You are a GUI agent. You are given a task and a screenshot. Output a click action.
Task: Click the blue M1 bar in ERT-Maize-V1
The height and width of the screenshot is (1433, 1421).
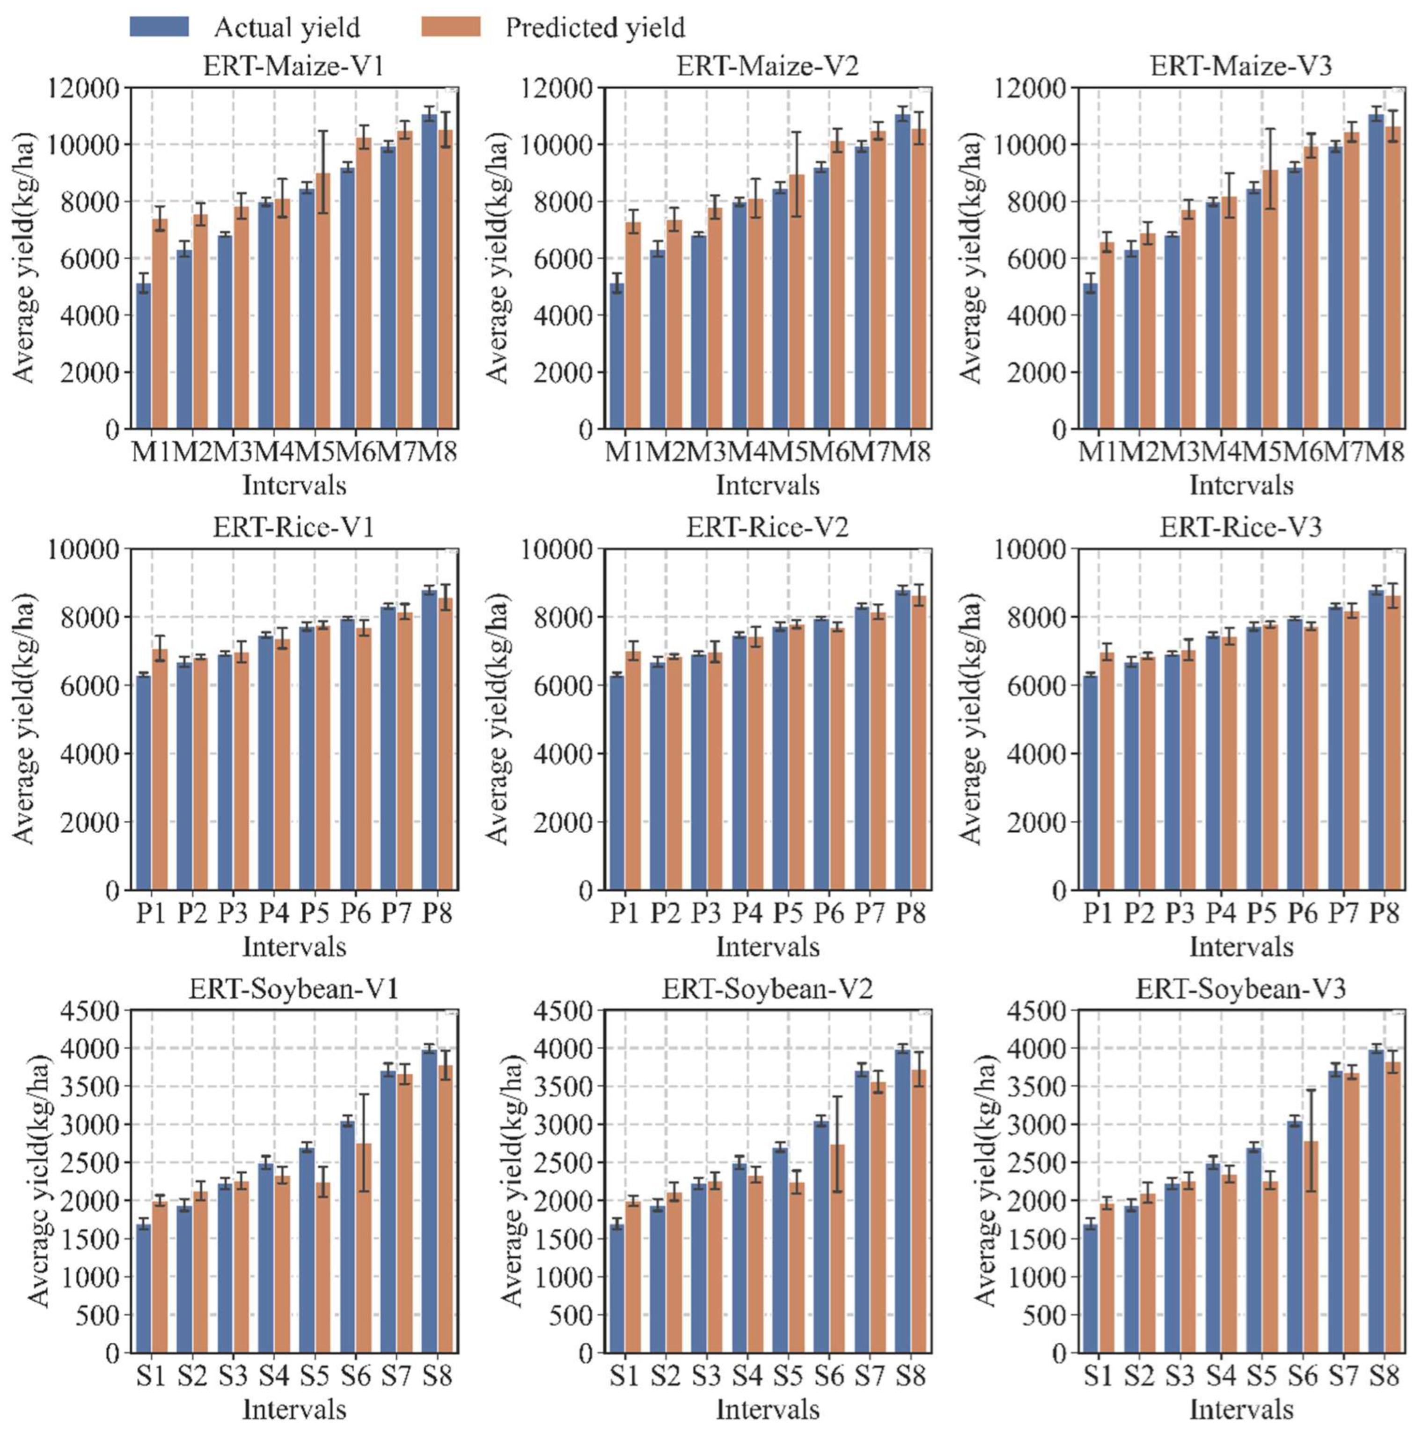coord(143,356)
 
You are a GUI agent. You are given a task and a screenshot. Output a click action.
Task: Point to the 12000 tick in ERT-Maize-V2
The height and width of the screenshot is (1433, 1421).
coord(566,88)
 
